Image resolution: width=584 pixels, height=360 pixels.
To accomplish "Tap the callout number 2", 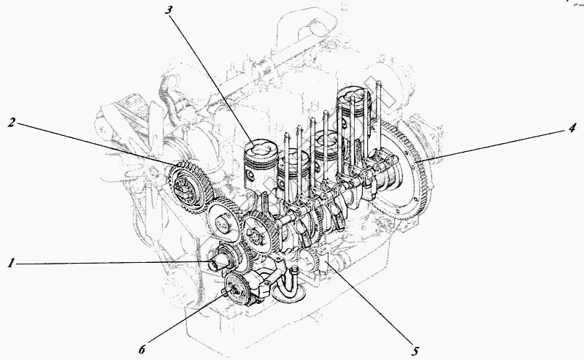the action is (12, 121).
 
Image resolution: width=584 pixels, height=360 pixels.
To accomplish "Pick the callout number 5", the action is (415, 352).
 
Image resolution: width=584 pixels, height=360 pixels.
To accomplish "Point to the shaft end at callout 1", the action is (219, 261).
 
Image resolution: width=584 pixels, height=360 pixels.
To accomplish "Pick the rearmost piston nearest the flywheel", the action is (353, 110).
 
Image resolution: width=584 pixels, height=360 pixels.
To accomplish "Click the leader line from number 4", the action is (496, 144).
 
